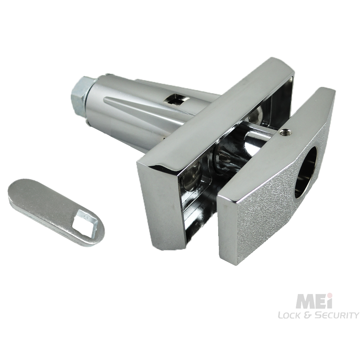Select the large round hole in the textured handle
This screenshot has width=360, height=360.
point(306,172)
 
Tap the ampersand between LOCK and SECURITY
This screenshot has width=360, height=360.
point(309,315)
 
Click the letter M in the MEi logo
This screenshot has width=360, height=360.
point(304,302)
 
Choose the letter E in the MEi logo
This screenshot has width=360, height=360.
point(320,302)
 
